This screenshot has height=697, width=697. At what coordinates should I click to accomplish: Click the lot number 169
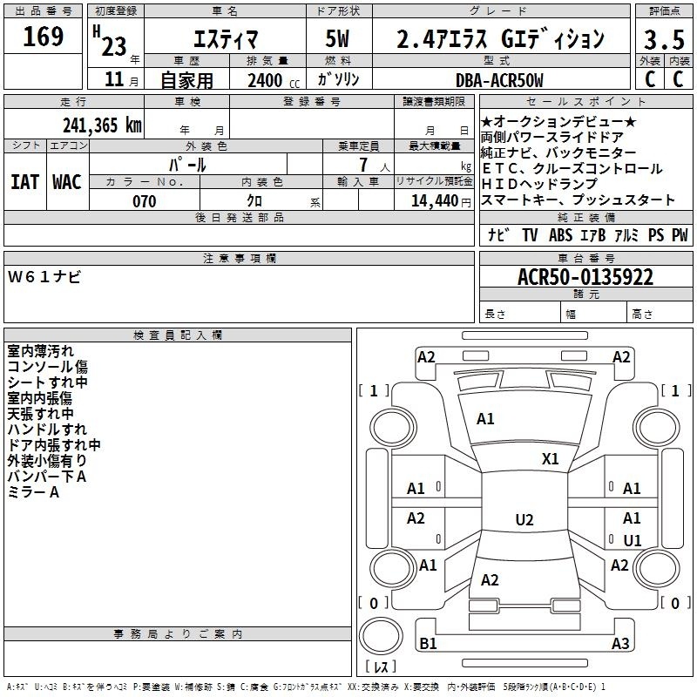tap(43, 37)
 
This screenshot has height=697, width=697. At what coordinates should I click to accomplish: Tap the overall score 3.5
tap(664, 39)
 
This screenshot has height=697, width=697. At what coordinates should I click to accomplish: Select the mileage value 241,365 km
tap(102, 125)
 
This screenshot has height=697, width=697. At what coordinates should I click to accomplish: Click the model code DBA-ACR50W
tap(499, 80)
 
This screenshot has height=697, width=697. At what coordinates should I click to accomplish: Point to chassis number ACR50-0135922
tap(585, 277)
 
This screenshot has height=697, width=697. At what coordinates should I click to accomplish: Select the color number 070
tap(145, 201)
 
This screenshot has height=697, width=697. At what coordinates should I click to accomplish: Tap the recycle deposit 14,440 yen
tap(441, 201)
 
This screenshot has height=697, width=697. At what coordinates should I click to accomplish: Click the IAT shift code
tap(24, 182)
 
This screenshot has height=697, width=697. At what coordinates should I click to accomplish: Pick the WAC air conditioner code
tap(67, 182)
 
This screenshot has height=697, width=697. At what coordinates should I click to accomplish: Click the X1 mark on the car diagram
tap(551, 459)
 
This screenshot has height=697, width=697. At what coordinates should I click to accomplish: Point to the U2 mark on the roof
tap(524, 519)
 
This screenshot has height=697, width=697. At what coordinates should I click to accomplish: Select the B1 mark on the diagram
tap(428, 643)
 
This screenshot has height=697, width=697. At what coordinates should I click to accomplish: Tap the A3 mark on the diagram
tap(620, 643)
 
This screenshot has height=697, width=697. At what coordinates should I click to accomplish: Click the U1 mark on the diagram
tap(633, 540)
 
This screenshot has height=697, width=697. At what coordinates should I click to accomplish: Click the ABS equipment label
tap(560, 235)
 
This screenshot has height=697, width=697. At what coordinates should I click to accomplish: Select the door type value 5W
tap(337, 38)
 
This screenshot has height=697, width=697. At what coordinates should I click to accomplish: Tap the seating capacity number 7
tap(363, 165)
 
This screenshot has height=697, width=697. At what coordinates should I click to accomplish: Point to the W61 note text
tap(44, 277)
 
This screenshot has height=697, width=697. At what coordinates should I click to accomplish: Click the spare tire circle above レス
tap(381, 636)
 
